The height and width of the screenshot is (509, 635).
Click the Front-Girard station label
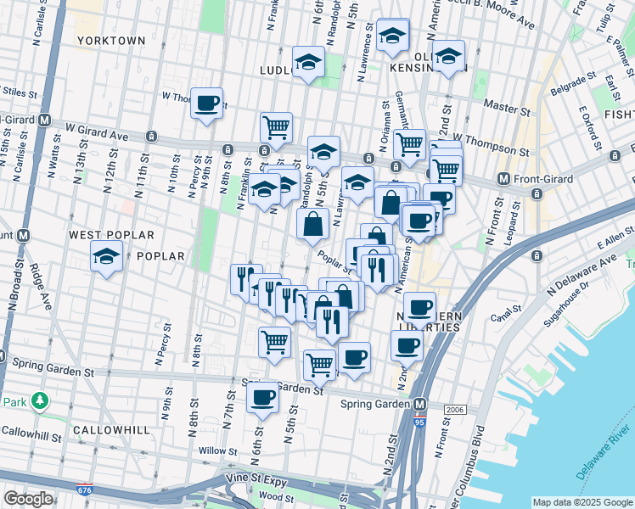tap(541, 179)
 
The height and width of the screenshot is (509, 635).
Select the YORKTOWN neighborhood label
tap(111, 40)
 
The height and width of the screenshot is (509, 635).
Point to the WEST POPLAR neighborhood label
tap(112, 234)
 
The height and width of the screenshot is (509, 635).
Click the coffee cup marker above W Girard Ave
tap(206, 105)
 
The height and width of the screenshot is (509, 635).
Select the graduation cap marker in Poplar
tap(106, 258)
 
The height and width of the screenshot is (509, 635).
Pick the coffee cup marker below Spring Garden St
tap(262, 397)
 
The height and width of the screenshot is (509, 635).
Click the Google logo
tap(29, 499)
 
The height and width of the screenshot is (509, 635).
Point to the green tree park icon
tap(39, 400)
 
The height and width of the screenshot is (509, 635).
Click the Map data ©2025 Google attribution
tap(582, 502)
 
